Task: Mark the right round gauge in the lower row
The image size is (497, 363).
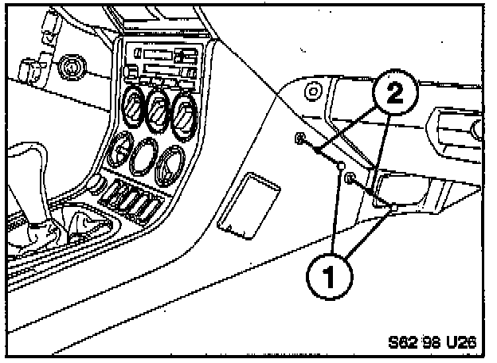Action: (x=170, y=165)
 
